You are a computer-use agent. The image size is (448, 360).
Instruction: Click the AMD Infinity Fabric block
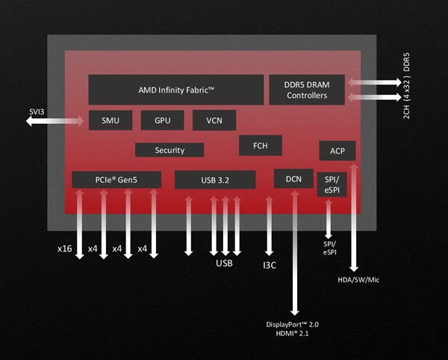176,90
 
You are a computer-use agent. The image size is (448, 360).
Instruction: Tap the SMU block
110,120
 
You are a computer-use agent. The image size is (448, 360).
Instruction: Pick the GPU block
163,120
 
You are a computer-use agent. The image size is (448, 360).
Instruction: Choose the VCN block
214,120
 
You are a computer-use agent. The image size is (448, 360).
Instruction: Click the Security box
169,150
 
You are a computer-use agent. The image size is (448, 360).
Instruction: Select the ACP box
337,151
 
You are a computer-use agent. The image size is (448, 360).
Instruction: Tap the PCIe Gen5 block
116,179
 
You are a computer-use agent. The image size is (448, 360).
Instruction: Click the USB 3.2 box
215,179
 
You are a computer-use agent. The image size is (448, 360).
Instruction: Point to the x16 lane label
64,248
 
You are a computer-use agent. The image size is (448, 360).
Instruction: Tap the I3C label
270,264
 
